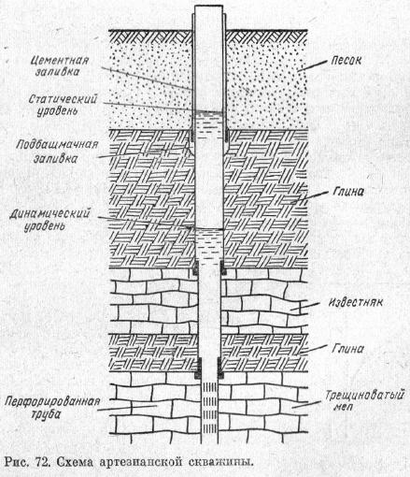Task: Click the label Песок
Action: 346,61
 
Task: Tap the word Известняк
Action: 356,302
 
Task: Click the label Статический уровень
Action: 63,105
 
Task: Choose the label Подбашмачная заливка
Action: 57,152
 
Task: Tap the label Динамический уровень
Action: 49,220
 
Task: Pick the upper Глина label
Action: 348,192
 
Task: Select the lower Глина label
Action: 347,348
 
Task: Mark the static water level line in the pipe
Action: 209,112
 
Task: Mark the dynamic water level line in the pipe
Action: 209,229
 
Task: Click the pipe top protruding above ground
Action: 208,17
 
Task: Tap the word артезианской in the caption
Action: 141,462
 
